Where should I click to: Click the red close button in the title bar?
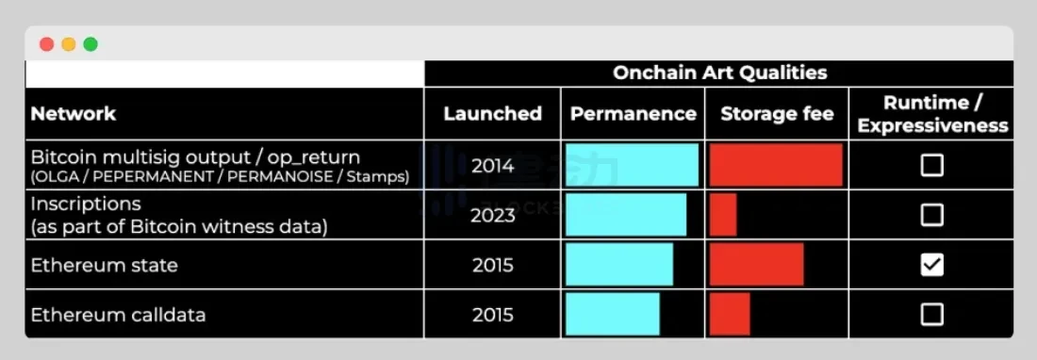tap(46, 44)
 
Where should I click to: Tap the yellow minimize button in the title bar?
tap(68, 44)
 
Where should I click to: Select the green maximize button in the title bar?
tap(91, 44)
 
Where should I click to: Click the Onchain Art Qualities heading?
tap(719, 73)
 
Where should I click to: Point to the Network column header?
tap(74, 113)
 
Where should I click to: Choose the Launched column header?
tap(492, 113)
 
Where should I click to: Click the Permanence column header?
tap(633, 113)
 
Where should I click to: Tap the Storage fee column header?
tap(777, 113)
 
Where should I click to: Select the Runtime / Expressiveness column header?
tap(931, 113)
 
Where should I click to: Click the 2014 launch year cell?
tap(493, 166)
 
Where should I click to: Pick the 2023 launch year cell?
tap(493, 215)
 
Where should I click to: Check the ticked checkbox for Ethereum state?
tap(931, 265)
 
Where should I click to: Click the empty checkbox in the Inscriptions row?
tap(931, 215)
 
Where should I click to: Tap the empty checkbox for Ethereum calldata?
tap(931, 314)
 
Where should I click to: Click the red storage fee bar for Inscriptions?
tap(723, 215)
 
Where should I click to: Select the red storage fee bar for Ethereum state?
tap(756, 265)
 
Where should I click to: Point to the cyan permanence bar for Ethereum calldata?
tap(613, 314)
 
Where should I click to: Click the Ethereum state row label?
tap(104, 265)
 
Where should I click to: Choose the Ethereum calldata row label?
tap(117, 314)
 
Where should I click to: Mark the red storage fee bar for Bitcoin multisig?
tap(776, 166)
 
